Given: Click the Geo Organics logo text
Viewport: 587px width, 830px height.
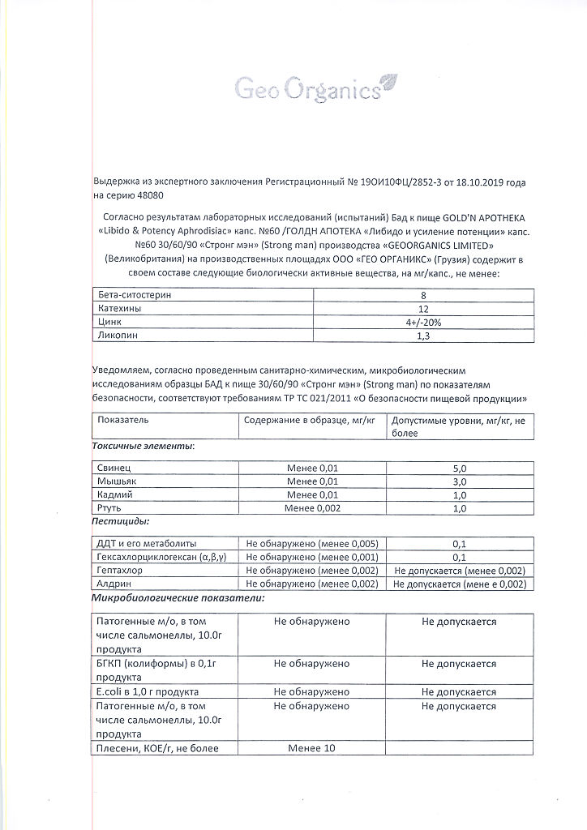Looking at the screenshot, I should coord(307,88).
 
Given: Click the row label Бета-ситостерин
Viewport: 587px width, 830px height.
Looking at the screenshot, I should coord(135,295).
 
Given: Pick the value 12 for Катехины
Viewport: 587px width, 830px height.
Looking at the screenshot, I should coord(423,309).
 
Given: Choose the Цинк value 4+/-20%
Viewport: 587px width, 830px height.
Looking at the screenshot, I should coord(423,323).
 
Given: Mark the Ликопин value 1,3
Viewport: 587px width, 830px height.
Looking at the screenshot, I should coord(423,336).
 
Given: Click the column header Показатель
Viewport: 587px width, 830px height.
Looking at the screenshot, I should coord(122,420).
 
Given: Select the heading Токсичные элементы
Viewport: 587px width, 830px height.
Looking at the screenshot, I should coord(143,446).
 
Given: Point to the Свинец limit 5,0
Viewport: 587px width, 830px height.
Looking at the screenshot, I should coord(460,468).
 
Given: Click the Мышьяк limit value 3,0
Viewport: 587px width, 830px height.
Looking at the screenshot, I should coord(460,481).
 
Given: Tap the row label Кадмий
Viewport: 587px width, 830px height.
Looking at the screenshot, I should coord(115,494).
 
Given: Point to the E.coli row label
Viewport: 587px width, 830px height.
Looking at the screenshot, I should coord(147,691).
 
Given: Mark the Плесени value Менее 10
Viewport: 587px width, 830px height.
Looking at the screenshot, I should coord(312,747).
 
